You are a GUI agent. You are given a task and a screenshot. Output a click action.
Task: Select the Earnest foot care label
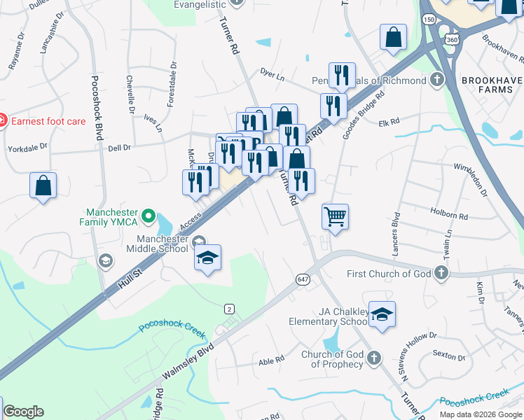48,121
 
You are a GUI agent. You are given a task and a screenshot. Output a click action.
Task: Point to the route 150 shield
429,20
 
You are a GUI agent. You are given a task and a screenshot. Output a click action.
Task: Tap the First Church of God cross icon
441,273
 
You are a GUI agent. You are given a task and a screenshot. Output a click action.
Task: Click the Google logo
23,412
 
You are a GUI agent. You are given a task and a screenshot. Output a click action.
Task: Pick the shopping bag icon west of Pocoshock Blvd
43,185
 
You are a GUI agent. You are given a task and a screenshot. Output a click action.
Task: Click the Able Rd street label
271,360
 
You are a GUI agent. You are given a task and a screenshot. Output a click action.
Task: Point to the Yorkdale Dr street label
27,148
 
